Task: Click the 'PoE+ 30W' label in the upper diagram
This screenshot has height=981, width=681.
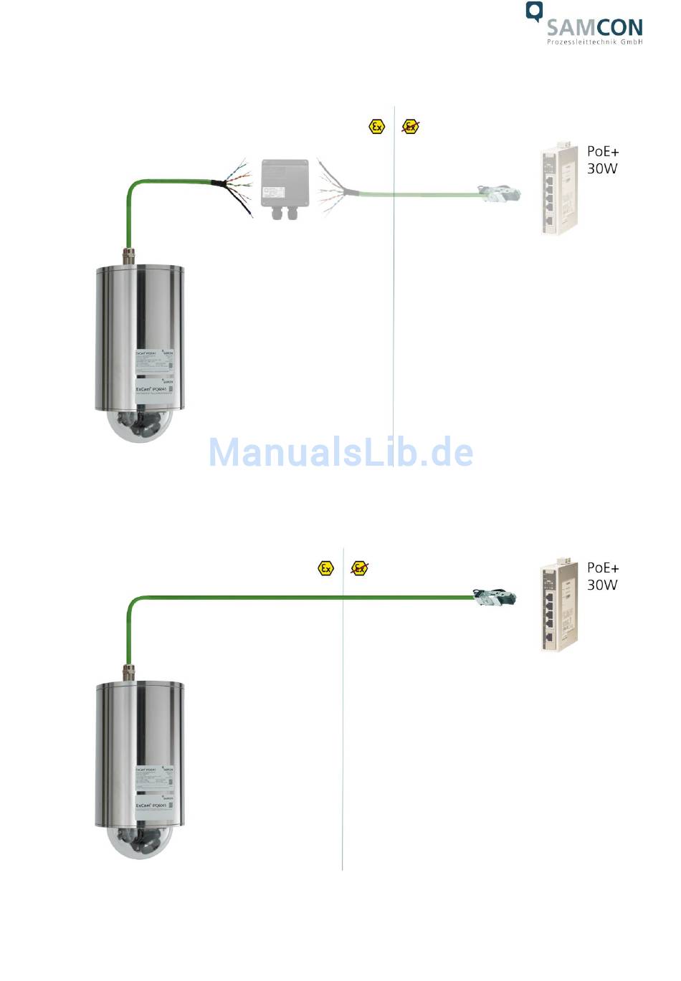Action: tap(602, 160)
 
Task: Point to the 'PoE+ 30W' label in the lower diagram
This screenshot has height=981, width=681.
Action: tap(602, 576)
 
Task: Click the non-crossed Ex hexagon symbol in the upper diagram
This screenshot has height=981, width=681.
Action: tap(376, 127)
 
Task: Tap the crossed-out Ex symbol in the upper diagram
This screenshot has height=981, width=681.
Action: tap(410, 127)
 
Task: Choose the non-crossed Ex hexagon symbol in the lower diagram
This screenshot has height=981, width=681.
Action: tap(326, 568)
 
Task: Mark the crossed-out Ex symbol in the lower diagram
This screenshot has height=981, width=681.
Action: tap(360, 568)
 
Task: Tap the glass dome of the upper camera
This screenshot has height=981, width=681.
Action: tap(140, 426)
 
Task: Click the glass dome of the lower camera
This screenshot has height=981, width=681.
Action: tap(140, 842)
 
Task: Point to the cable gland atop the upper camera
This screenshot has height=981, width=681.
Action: tap(130, 255)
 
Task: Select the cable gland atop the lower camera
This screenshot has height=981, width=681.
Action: tap(130, 671)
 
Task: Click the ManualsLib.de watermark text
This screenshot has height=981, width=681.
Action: tap(340, 452)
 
